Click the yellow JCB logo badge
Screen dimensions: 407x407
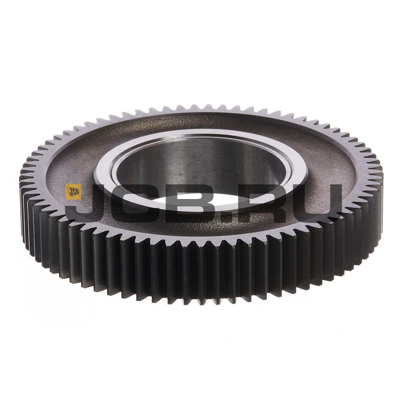coord(74,192)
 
